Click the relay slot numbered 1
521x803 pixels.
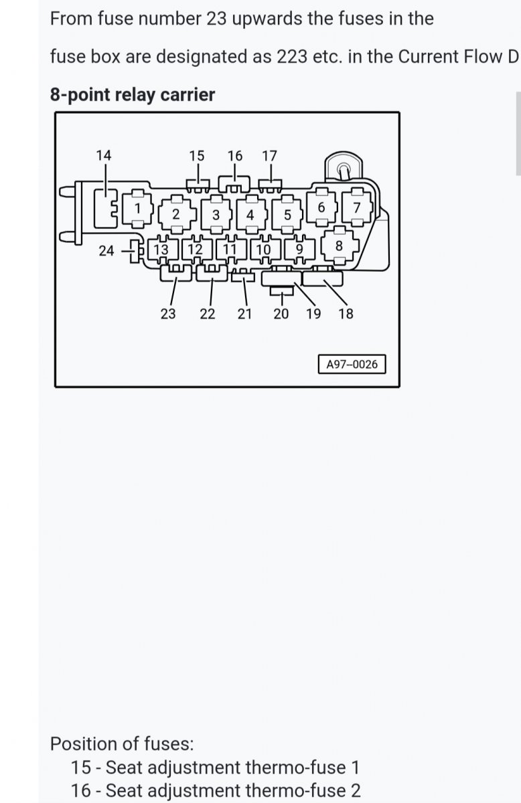(138, 209)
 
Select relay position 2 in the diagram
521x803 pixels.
(177, 214)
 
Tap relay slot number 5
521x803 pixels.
(287, 215)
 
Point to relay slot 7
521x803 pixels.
(357, 207)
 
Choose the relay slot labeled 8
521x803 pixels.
(340, 246)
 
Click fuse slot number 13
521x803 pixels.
(162, 249)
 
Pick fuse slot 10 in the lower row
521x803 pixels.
(265, 249)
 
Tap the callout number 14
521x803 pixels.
(104, 155)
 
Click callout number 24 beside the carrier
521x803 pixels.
(106, 251)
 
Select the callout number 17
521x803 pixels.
(269, 156)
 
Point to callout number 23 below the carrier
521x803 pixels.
(168, 314)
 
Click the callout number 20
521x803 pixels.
(281, 314)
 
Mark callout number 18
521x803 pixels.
(346, 314)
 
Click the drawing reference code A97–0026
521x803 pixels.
(352, 364)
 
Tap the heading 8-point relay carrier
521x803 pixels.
(133, 95)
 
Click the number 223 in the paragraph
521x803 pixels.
(292, 57)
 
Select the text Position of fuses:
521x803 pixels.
(122, 744)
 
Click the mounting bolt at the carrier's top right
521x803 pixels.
(344, 169)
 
